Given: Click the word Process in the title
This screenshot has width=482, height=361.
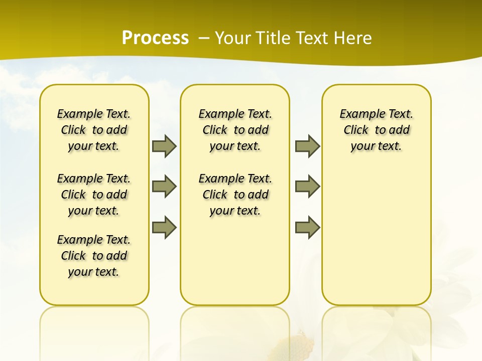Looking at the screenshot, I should [x=155, y=38].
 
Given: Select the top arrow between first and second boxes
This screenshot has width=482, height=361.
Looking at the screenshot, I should [x=164, y=146].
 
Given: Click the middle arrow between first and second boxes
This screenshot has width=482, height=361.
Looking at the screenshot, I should [x=164, y=187].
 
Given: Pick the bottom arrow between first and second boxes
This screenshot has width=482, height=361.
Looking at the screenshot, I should [x=164, y=227].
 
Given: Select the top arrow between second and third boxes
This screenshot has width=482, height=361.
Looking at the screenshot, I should [x=307, y=146].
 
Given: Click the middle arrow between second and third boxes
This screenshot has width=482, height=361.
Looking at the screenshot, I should [x=307, y=187].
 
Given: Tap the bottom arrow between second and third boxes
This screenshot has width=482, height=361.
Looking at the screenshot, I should [x=307, y=227].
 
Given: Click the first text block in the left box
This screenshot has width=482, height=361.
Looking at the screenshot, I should [x=94, y=130].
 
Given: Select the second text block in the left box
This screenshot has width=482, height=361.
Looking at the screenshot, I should [x=94, y=195].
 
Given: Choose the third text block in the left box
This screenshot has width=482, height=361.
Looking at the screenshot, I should [x=94, y=256].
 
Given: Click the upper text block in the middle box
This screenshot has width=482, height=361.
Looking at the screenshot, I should [x=235, y=130].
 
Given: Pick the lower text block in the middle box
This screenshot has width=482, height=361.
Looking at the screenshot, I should [x=235, y=195].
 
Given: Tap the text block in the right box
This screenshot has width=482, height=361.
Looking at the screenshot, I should [x=376, y=130].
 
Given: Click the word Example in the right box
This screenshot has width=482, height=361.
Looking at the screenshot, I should [x=358, y=114].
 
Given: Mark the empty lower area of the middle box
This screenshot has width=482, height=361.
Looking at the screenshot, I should [x=235, y=261].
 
